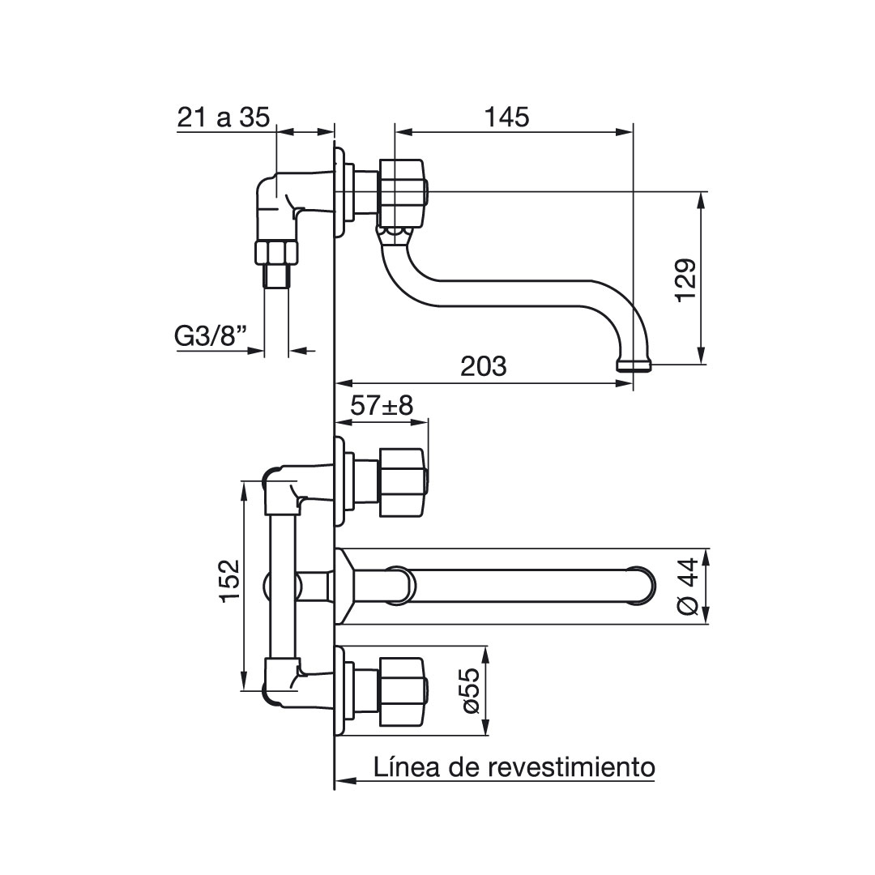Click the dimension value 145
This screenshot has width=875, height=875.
[506, 117]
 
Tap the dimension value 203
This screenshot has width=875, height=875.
[483, 367]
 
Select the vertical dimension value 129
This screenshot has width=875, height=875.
[686, 280]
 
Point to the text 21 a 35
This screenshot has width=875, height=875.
[224, 117]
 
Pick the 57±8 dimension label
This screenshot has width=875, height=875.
[382, 406]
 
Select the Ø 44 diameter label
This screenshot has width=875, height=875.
[689, 587]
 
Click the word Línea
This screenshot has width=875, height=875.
[409, 766]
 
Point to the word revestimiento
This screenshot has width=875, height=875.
[571, 766]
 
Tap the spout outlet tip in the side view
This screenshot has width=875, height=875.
[634, 366]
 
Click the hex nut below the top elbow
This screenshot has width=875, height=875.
[276, 252]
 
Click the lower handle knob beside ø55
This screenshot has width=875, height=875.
[403, 693]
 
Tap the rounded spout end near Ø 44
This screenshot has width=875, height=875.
[642, 587]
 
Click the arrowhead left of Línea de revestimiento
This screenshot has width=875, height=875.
[346, 781]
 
